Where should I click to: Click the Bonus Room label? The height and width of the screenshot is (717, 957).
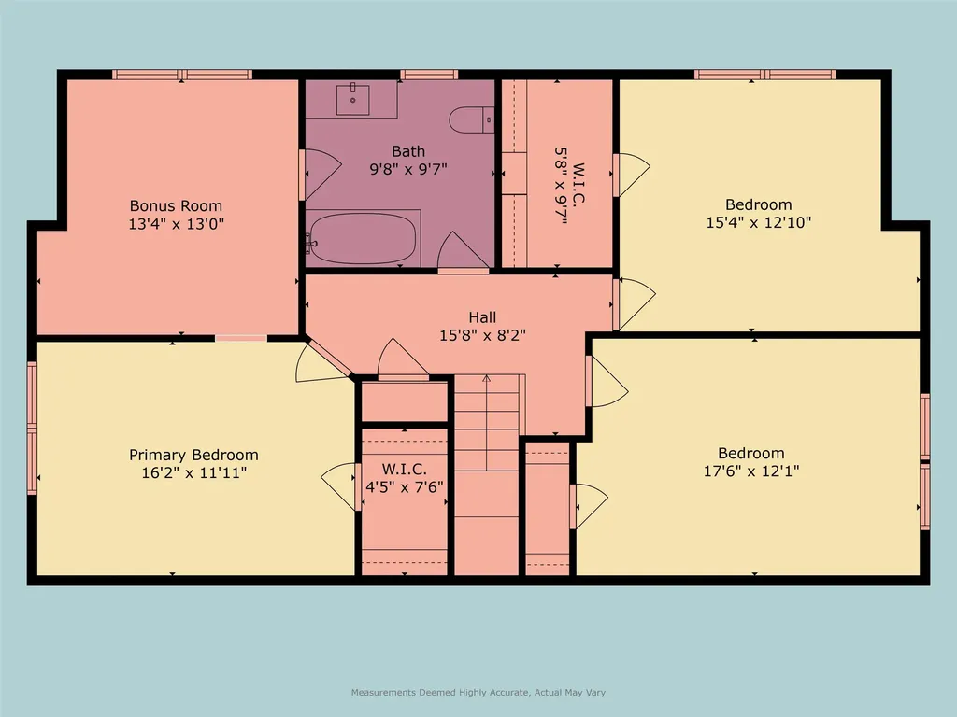click(177, 205)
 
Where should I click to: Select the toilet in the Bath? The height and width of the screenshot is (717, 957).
click(470, 119)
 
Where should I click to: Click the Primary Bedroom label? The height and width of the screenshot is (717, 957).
click(193, 455)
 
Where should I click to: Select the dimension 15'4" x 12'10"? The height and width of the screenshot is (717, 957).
click(759, 223)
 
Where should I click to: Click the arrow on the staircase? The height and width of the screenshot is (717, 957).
click(486, 380)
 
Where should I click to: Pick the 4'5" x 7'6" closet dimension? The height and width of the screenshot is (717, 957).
click(404, 486)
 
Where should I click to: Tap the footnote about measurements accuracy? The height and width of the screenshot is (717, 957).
click(478, 693)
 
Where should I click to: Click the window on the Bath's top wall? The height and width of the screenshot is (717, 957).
click(429, 75)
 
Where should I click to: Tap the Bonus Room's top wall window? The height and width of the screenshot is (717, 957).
click(182, 75)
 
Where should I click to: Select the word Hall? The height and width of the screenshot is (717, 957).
click(482, 317)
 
